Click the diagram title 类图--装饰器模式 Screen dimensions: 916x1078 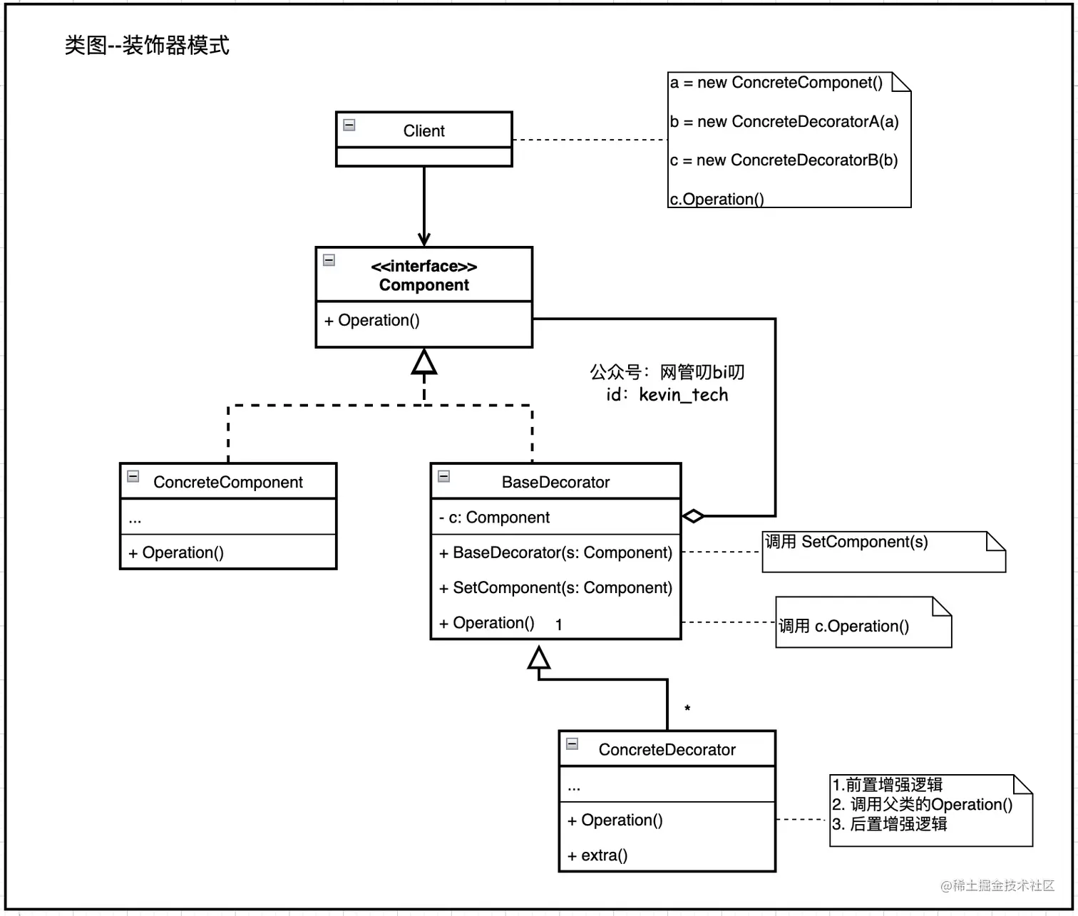(x=147, y=46)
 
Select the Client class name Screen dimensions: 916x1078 (x=423, y=131)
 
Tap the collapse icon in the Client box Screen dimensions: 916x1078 (x=349, y=125)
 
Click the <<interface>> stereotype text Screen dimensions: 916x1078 (x=423, y=267)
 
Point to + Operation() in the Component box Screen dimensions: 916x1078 (x=372, y=321)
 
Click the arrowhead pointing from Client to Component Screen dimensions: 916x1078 (x=424, y=240)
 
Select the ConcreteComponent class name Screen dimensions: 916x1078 (x=228, y=483)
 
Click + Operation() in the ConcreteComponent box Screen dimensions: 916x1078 (x=176, y=553)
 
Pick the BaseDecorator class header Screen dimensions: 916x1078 (x=555, y=483)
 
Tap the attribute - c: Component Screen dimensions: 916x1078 (x=494, y=518)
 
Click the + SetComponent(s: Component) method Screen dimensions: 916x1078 (x=555, y=588)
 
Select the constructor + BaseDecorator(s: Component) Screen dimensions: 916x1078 (x=555, y=553)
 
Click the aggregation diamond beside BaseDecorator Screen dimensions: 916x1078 (x=693, y=516)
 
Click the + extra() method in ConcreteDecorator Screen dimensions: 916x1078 (x=597, y=855)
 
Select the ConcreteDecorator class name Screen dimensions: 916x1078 (x=667, y=750)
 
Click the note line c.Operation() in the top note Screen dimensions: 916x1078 (x=717, y=200)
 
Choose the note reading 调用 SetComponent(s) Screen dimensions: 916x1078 (x=846, y=542)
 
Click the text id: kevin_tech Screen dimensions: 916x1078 (x=667, y=395)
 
